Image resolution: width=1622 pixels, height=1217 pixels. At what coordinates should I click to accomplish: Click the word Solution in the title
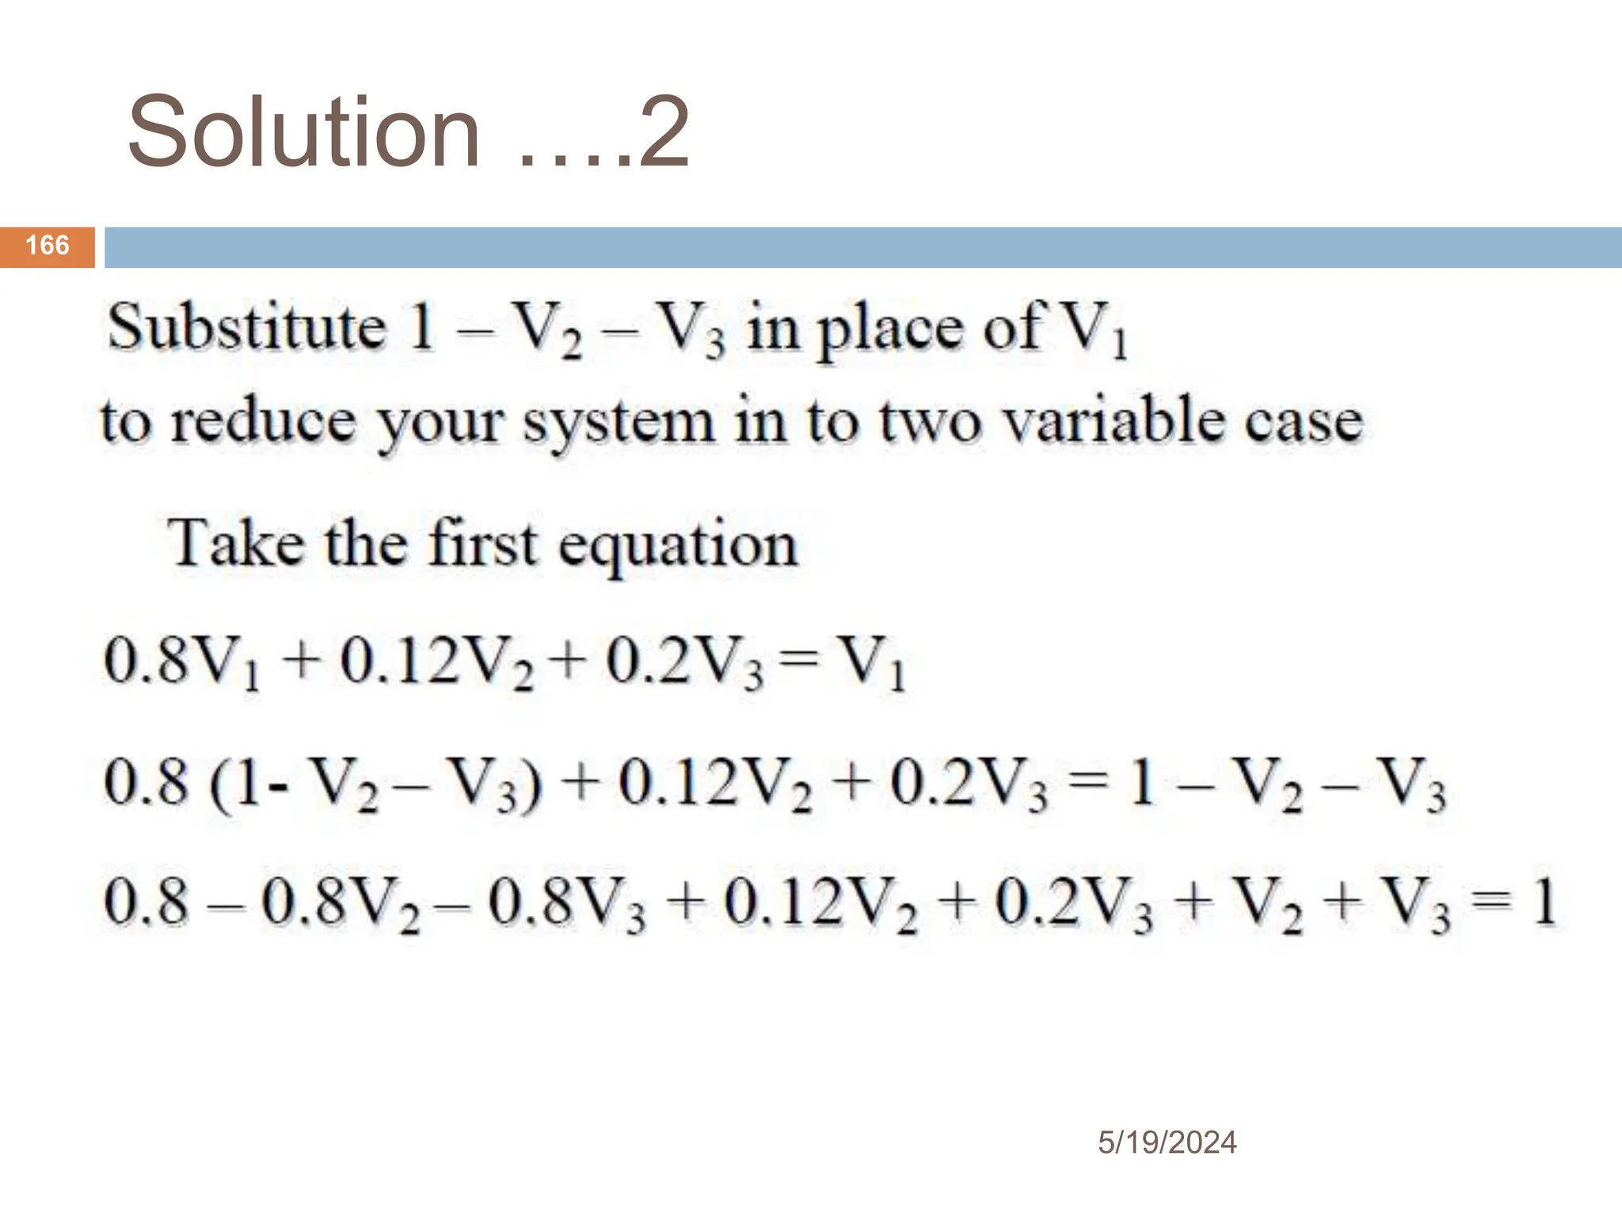(x=304, y=132)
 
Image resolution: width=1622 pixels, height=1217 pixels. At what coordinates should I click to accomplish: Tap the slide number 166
(x=48, y=246)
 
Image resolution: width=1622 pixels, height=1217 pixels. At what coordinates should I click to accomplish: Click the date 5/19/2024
(x=1167, y=1143)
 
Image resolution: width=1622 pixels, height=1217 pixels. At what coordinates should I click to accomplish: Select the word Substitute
(x=246, y=327)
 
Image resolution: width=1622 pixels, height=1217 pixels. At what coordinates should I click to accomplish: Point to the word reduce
(x=264, y=422)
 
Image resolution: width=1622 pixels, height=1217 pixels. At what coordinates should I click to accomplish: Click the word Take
(x=236, y=544)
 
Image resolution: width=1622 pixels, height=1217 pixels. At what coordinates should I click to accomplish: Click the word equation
(x=678, y=547)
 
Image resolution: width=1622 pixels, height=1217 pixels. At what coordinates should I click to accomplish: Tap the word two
(x=930, y=422)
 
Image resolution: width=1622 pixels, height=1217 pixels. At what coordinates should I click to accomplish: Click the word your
(x=440, y=424)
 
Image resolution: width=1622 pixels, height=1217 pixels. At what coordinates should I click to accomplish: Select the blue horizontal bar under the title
(x=862, y=247)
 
